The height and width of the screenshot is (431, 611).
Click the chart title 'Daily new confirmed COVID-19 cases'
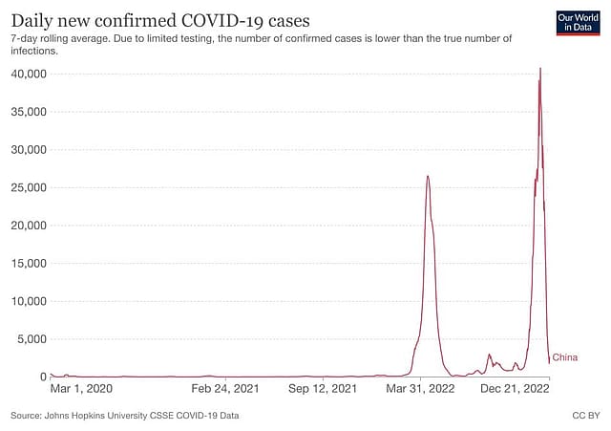160,19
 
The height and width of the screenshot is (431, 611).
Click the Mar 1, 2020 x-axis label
81,389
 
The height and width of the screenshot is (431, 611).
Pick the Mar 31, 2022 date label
419,389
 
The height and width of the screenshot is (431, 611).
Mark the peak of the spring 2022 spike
428,176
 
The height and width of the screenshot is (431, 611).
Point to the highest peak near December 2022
540,69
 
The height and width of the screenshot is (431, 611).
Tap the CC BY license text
585,416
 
